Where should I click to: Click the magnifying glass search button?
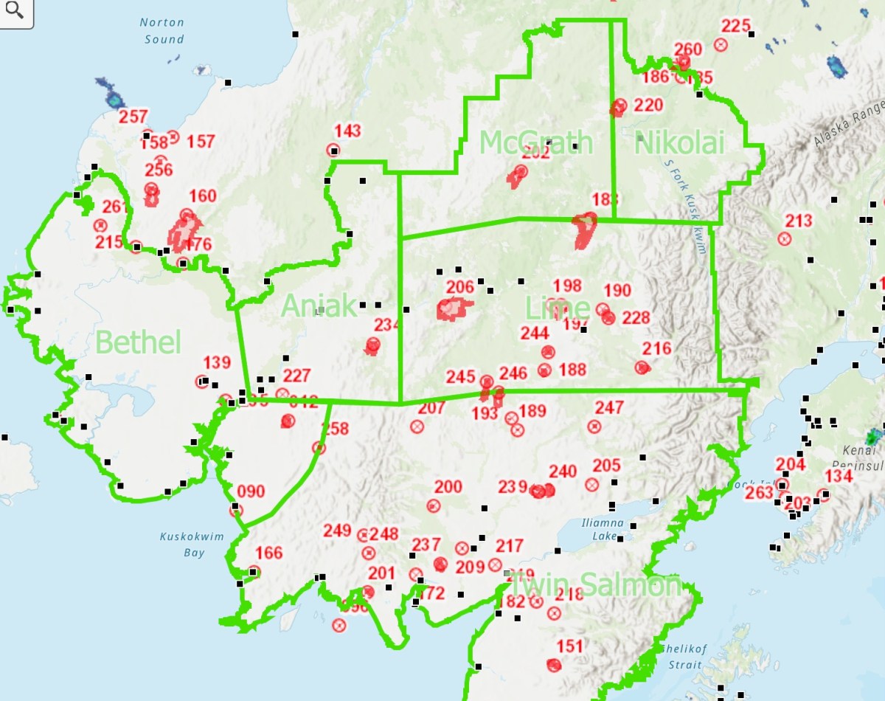pos(15,13)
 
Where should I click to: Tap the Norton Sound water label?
pos(162,31)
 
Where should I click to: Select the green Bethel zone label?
pos(138,342)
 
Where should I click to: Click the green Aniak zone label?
pos(319,305)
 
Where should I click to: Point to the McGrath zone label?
pos(536,142)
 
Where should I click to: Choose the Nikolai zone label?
pos(679,143)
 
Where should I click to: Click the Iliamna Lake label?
pos(603,530)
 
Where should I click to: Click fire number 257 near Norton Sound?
pos(133,117)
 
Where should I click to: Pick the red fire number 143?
pos(347,131)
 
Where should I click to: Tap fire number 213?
pos(798,221)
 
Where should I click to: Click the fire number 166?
pos(268,553)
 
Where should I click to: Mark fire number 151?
pos(569,647)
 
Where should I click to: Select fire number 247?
pos(609,407)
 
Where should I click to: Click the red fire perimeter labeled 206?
pos(452,308)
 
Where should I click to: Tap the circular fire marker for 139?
pos(201,381)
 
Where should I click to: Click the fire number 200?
pos(448,487)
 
